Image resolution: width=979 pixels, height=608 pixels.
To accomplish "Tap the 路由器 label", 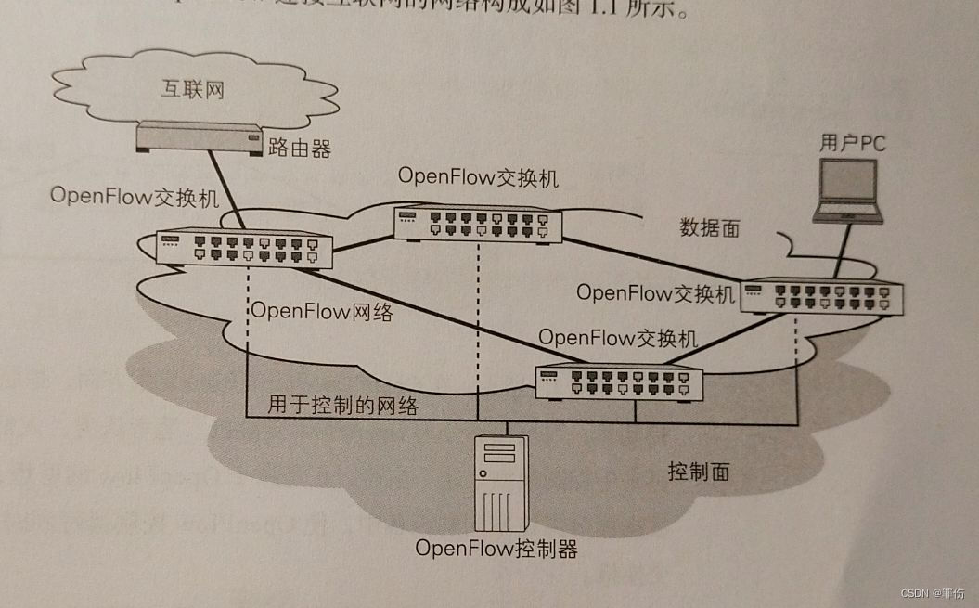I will [x=300, y=147].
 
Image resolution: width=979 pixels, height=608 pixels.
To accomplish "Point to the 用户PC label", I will [x=853, y=143].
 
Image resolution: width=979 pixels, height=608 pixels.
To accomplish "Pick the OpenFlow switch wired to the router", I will [x=243, y=246].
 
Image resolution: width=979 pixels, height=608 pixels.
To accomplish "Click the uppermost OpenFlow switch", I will [x=477, y=224].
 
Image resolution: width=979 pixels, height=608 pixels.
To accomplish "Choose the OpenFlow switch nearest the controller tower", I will [x=619, y=381].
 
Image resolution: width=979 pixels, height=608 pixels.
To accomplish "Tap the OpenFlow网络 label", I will [x=322, y=312].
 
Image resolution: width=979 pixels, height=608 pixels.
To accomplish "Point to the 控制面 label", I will [x=698, y=472].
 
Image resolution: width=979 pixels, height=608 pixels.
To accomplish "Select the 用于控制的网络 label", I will [x=343, y=406].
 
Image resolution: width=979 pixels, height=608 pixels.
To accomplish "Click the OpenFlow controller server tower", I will [x=500, y=483].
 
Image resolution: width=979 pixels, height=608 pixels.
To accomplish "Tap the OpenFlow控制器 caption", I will [x=496, y=549].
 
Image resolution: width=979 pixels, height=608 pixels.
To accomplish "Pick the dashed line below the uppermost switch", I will [x=476, y=316].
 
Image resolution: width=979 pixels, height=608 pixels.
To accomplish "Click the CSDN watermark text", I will [x=933, y=592].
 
